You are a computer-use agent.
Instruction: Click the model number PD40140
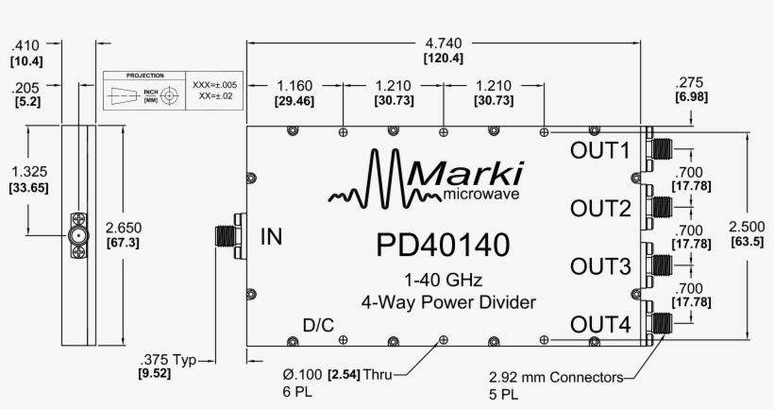coord(443,245)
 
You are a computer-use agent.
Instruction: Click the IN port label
coord(271,235)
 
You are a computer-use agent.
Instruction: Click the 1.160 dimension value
coord(294,85)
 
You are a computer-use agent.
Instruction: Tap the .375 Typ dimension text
coord(165,359)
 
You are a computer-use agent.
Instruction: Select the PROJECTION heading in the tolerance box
coord(145,75)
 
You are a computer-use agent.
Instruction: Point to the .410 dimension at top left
coord(25,44)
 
